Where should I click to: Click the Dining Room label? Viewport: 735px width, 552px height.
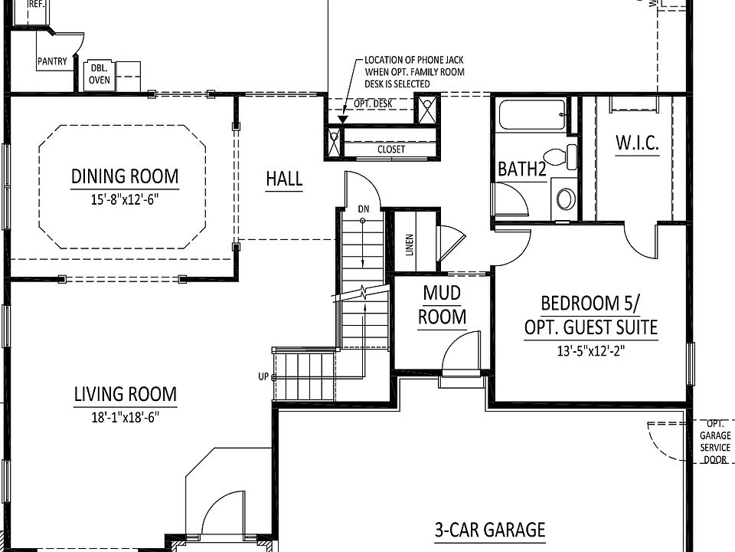coord(125,176)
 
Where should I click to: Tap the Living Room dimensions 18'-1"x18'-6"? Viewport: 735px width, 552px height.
coord(125,418)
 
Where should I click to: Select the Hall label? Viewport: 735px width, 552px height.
coord(284,179)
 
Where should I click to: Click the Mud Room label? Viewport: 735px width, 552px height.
coord(443,304)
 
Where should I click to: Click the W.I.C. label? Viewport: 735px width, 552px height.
coord(637,143)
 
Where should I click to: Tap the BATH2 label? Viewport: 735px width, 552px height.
coord(522,169)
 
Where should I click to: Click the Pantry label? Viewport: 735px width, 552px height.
coord(52,61)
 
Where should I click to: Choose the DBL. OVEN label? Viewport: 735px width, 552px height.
coord(99,74)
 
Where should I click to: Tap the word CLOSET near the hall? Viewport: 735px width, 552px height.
coord(391,149)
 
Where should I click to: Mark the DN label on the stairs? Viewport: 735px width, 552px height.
coord(363,209)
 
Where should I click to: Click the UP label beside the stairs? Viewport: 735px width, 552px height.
coord(263,376)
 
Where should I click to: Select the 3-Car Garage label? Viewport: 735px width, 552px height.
coord(490,530)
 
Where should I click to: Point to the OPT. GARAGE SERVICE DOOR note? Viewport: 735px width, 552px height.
coord(715,442)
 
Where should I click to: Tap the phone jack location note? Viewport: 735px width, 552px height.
coord(414,71)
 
